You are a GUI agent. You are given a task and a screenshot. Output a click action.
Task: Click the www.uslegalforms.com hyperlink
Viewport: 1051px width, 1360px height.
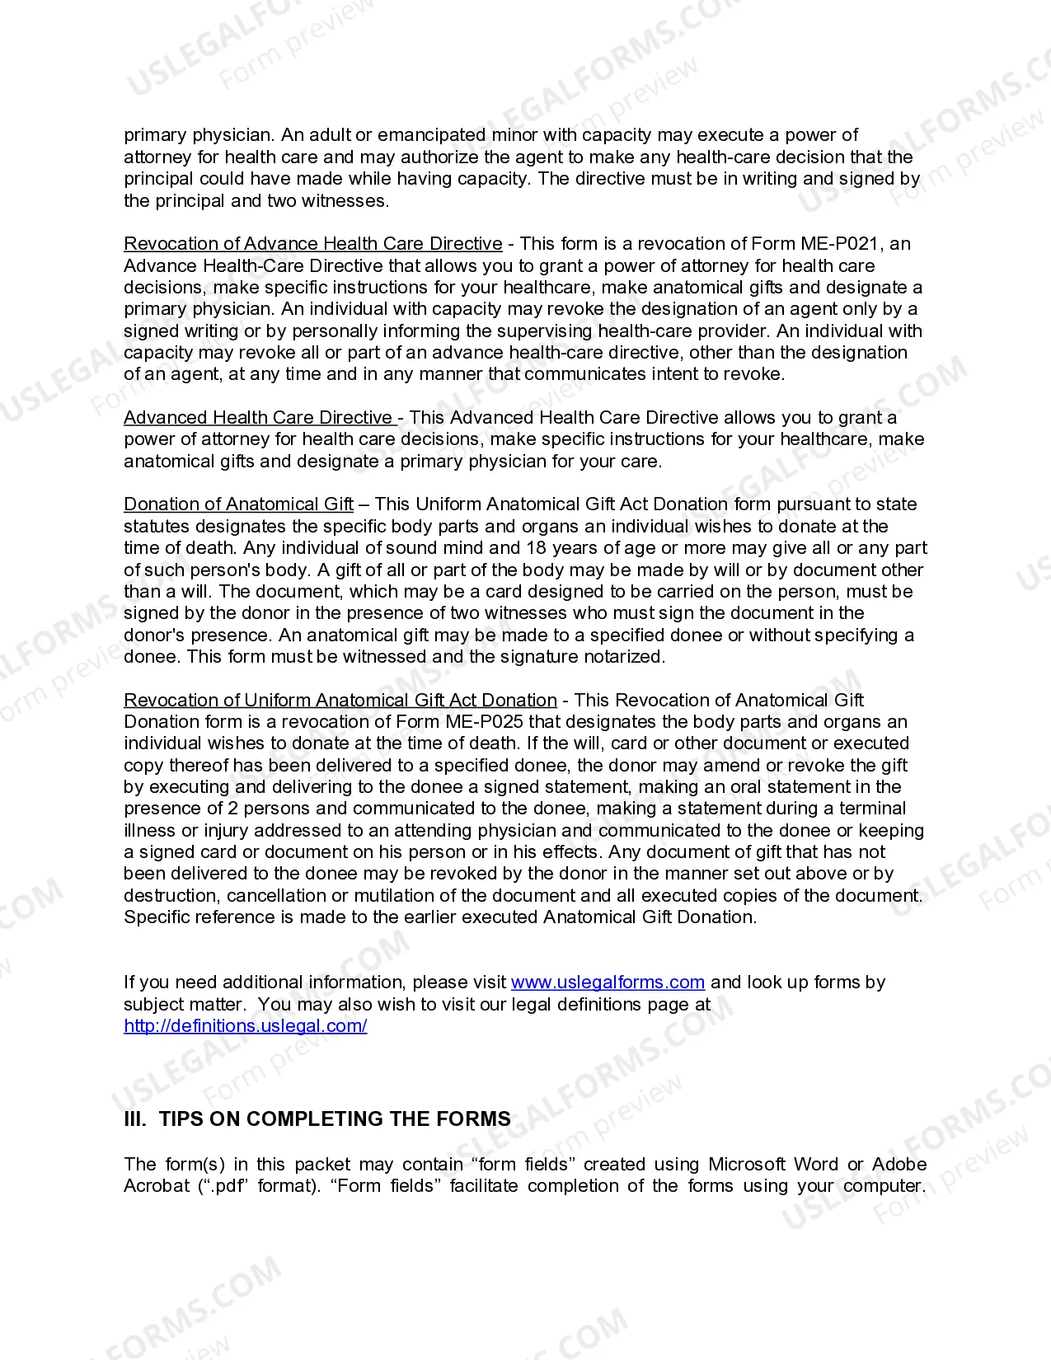point(608,982)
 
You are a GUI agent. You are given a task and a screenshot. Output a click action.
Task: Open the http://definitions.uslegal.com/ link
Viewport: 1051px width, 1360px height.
point(245,1026)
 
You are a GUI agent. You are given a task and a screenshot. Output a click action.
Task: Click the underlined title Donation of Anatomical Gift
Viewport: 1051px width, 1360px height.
point(238,504)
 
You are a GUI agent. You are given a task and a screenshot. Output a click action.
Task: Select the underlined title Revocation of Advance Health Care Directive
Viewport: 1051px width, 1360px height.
point(312,244)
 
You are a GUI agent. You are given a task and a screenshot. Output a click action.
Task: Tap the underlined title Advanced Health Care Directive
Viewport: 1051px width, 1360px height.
point(259,418)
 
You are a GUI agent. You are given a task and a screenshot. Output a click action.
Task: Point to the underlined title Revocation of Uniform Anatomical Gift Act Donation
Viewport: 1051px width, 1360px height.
point(340,701)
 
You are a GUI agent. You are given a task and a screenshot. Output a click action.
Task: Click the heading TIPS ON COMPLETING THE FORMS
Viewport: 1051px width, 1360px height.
point(335,1119)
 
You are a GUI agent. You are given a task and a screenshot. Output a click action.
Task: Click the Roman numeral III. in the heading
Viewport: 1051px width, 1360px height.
point(135,1119)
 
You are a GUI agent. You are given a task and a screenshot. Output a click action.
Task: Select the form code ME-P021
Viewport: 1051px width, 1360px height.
point(841,244)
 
